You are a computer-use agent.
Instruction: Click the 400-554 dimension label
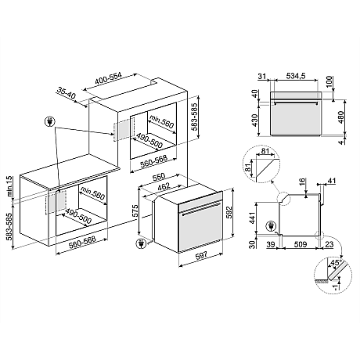(108, 78)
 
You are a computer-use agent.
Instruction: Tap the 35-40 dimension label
(66, 93)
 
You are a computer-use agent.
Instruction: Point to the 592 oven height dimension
(229, 213)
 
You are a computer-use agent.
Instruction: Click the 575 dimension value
(135, 211)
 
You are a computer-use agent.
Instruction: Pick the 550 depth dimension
(159, 177)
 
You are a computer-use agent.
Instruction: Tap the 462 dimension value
(164, 187)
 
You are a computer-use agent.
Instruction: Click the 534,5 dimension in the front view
(296, 76)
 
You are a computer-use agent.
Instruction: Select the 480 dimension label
(340, 117)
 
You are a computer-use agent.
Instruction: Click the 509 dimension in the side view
(301, 244)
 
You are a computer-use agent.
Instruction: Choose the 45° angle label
(336, 262)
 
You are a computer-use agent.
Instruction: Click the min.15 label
(9, 186)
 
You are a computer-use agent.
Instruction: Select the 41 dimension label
(331, 181)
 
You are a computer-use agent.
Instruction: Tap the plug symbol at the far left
(49, 121)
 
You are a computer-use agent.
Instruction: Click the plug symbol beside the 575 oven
(141, 243)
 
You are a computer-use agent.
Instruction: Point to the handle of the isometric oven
(202, 208)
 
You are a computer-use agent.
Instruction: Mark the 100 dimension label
(329, 82)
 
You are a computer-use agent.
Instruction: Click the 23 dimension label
(329, 244)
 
